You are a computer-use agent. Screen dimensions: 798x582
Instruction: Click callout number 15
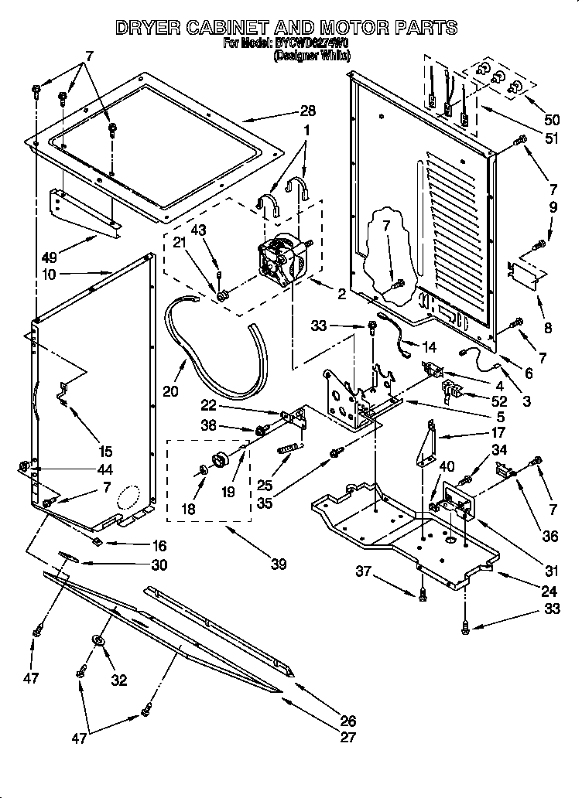coord(104,452)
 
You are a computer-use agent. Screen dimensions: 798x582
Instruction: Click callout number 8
coord(548,327)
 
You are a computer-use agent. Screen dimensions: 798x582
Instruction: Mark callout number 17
coord(498,433)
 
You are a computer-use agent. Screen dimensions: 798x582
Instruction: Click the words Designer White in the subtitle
coord(312,56)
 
